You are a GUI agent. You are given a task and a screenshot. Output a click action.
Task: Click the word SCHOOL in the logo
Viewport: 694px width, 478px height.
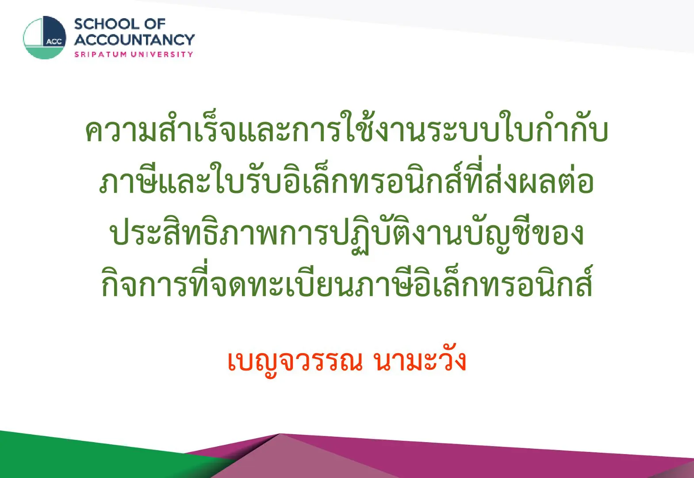[x=107, y=24]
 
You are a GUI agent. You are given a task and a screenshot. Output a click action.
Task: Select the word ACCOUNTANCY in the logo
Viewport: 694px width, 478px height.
[x=134, y=40]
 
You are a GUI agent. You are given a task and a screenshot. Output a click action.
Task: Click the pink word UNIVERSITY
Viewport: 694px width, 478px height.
[x=162, y=54]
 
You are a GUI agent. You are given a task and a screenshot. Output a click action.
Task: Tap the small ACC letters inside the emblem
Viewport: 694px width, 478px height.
[x=54, y=42]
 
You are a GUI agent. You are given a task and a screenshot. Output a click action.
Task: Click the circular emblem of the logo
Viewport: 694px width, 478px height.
[x=45, y=38]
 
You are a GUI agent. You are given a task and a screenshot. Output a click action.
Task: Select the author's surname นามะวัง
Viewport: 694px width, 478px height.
[x=419, y=359]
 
